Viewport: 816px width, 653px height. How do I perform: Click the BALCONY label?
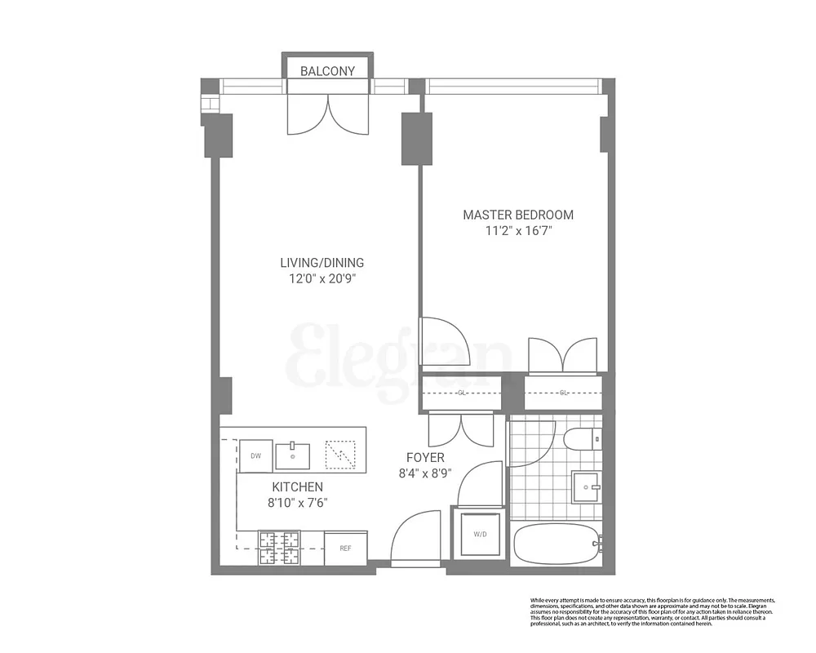327,71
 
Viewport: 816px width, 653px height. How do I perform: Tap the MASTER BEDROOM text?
518,215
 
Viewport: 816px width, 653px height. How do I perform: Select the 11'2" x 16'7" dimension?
518,230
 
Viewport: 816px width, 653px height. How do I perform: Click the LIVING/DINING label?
322,263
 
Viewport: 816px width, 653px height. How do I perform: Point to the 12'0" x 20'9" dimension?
322,278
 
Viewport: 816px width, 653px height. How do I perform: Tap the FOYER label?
424,458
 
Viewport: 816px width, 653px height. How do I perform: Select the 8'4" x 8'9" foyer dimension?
424,473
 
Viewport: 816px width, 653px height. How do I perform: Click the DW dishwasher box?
255,456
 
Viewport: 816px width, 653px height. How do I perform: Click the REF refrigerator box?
345,549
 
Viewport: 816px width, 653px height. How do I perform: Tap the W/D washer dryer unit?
479,535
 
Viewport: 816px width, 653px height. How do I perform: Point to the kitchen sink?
292,455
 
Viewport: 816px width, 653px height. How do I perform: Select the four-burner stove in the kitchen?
280,548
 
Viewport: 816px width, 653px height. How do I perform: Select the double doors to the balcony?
328,114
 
